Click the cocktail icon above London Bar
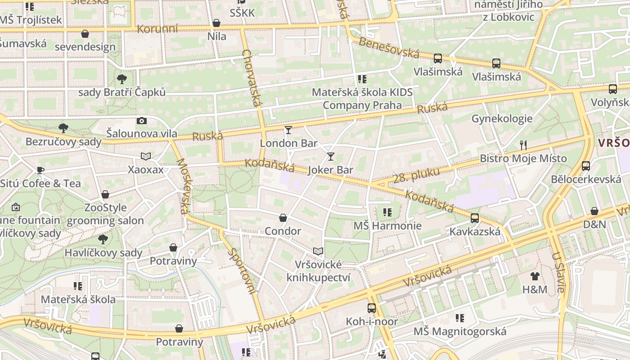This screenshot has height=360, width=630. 288,130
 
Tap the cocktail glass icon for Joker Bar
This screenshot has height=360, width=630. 331,157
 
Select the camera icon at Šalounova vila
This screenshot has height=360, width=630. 142,121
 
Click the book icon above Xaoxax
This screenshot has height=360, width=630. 146,156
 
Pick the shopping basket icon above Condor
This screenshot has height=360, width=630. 283,218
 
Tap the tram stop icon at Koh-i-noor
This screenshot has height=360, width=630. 372,308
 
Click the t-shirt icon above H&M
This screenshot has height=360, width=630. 535,276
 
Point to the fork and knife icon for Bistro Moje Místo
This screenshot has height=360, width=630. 523,145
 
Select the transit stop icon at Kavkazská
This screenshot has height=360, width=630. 475,218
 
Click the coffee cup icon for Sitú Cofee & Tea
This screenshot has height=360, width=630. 40,170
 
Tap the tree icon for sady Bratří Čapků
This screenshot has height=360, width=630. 121,80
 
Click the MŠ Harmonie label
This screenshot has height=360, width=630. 387,225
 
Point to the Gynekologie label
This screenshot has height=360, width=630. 502,119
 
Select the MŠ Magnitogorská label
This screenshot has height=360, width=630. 460,332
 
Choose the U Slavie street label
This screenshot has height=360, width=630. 558,272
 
